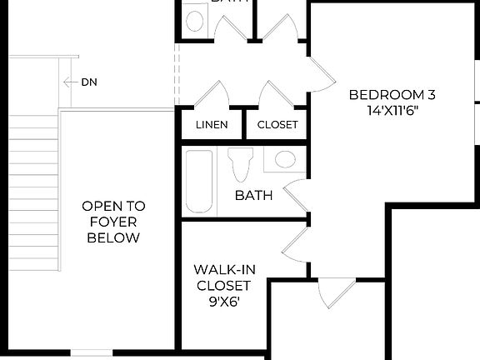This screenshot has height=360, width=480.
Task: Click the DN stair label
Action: (x=90, y=82)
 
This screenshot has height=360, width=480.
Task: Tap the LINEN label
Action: (x=211, y=125)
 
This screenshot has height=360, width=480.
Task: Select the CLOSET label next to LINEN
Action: (x=277, y=125)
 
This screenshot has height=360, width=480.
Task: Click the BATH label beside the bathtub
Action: (x=253, y=196)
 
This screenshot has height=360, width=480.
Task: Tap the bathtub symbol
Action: (x=200, y=182)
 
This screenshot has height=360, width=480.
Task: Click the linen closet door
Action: (x=208, y=94)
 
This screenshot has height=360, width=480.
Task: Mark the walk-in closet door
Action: (x=297, y=247)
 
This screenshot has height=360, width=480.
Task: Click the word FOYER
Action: (x=113, y=222)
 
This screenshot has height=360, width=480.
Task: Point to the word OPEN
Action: (x=113, y=205)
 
